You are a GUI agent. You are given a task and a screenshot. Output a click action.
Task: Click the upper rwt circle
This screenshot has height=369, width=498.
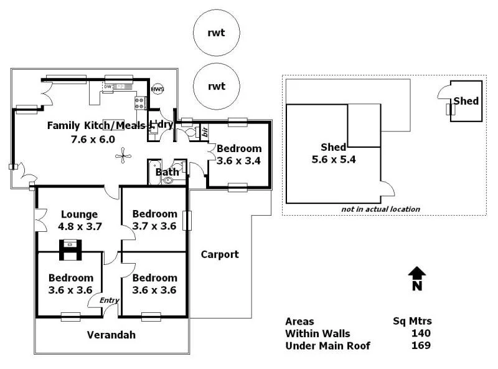pyautogui.click(x=216, y=33)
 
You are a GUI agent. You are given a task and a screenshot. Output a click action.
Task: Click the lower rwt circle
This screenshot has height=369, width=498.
pyautogui.click(x=216, y=87)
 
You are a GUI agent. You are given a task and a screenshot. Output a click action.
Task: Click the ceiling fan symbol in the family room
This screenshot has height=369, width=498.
pyautogui.click(x=125, y=155)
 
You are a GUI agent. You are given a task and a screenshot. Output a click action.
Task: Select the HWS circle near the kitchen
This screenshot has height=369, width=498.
pyautogui.click(x=158, y=89)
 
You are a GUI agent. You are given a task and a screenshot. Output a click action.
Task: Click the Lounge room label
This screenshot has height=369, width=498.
pyautogui.click(x=78, y=214)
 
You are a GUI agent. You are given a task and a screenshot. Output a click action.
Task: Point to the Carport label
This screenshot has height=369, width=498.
pyautogui.click(x=220, y=254)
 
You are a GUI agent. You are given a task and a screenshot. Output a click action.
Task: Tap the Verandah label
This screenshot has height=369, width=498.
pyautogui.click(x=111, y=335)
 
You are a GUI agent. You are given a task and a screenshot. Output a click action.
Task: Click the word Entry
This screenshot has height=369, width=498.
pyautogui.click(x=110, y=300)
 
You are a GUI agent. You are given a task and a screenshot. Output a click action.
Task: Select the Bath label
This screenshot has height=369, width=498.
pyautogui.click(x=167, y=171)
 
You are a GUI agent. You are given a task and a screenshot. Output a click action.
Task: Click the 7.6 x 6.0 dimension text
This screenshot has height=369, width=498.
pyautogui.click(x=93, y=139)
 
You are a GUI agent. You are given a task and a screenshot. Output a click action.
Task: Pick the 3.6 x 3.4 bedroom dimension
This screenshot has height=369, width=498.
pyautogui.click(x=238, y=160)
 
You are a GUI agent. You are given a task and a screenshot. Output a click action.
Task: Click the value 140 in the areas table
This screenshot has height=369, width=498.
pyautogui.click(x=421, y=333)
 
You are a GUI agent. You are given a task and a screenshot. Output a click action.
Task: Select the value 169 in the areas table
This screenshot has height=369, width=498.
pyautogui.click(x=421, y=345)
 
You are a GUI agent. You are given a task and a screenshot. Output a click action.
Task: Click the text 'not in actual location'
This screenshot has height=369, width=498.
pyautogui.click(x=380, y=209)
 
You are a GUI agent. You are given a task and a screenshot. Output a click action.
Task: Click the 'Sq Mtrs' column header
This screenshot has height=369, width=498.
pyautogui.click(x=408, y=322)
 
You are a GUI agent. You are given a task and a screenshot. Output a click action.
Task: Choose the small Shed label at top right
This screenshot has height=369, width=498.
pyautogui.click(x=466, y=101)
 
